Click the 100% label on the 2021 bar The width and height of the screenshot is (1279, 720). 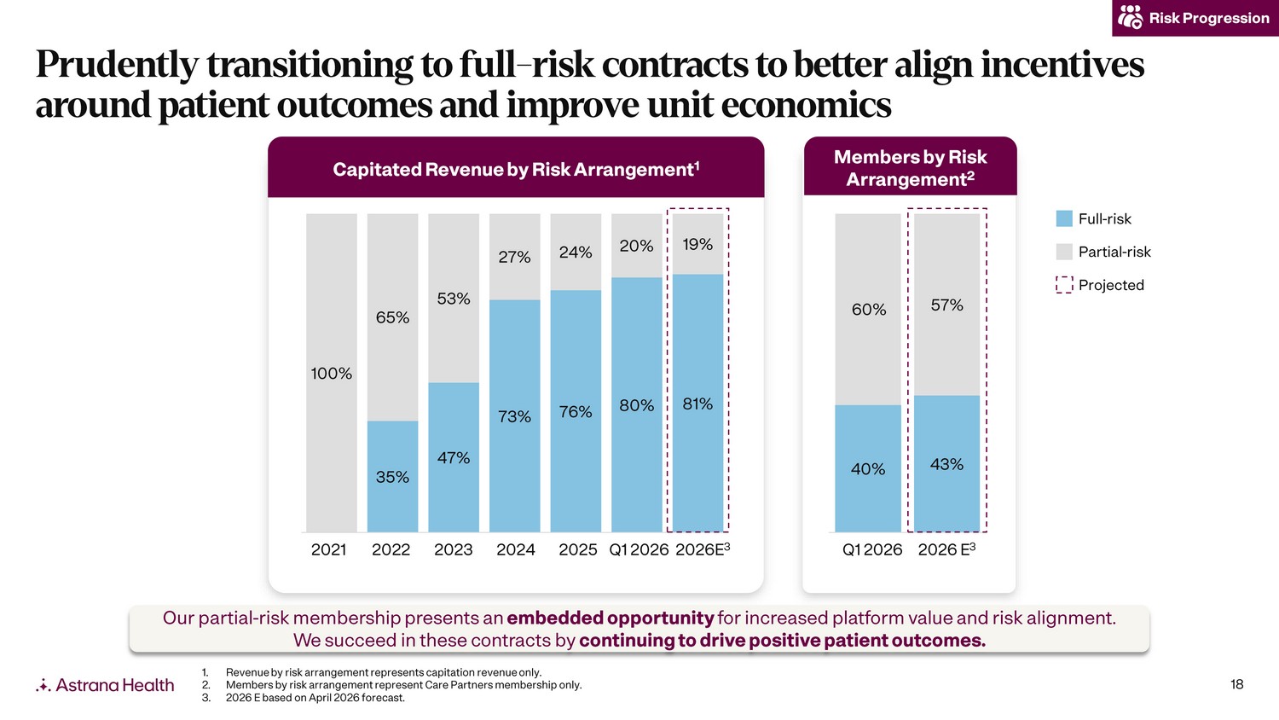(x=331, y=374)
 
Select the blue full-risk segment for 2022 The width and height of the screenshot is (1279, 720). (x=392, y=477)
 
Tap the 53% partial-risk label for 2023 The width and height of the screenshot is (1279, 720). (x=454, y=299)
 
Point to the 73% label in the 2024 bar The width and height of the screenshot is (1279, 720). (x=514, y=416)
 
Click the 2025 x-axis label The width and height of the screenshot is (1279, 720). (x=577, y=549)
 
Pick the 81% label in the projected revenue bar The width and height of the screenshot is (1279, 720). (x=697, y=404)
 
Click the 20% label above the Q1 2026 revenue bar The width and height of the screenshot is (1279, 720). (x=636, y=247)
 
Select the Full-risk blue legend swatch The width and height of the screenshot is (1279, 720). (x=1064, y=219)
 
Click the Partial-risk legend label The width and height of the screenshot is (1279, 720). (x=1114, y=252)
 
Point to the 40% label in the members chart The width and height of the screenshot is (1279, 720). (x=868, y=469)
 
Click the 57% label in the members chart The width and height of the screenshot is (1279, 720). (x=946, y=305)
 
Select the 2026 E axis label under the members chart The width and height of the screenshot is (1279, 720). (x=946, y=549)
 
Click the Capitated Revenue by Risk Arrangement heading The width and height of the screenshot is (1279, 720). (x=516, y=169)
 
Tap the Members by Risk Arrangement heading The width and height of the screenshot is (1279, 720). (x=910, y=168)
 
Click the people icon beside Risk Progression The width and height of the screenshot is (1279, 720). (x=1130, y=17)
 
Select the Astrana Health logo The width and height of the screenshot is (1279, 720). (x=105, y=684)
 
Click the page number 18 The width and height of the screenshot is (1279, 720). (x=1236, y=684)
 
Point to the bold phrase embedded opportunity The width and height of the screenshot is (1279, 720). (x=611, y=618)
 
